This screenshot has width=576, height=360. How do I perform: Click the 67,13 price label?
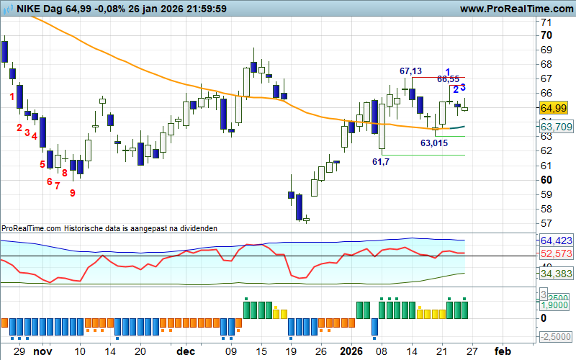point(410,71)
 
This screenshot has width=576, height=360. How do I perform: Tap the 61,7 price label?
point(381,162)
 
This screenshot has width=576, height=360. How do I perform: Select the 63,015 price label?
point(434,143)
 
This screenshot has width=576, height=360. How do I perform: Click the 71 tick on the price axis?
point(546,22)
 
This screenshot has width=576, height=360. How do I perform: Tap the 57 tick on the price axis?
point(546,223)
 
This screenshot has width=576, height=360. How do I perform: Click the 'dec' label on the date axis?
point(186,351)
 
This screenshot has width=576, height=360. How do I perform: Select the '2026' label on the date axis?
point(352,351)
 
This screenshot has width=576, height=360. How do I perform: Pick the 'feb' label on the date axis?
point(503,351)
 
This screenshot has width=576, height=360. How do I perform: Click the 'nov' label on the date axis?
point(43,351)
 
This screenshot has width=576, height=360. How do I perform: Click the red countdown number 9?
point(72,192)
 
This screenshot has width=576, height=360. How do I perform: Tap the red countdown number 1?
point(12,96)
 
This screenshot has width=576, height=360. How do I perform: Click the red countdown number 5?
point(42,164)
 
